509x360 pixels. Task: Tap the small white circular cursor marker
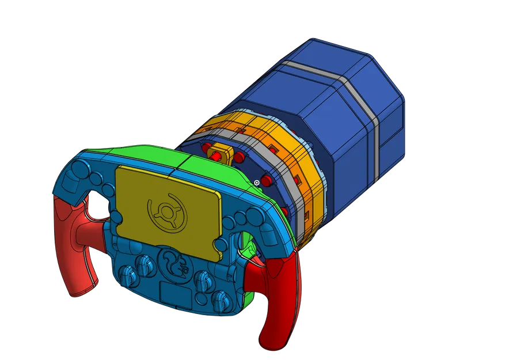click(256, 183)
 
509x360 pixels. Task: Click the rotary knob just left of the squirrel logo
click(143, 267)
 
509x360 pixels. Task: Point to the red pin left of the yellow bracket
click(205, 149)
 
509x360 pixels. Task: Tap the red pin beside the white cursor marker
click(266, 181)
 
